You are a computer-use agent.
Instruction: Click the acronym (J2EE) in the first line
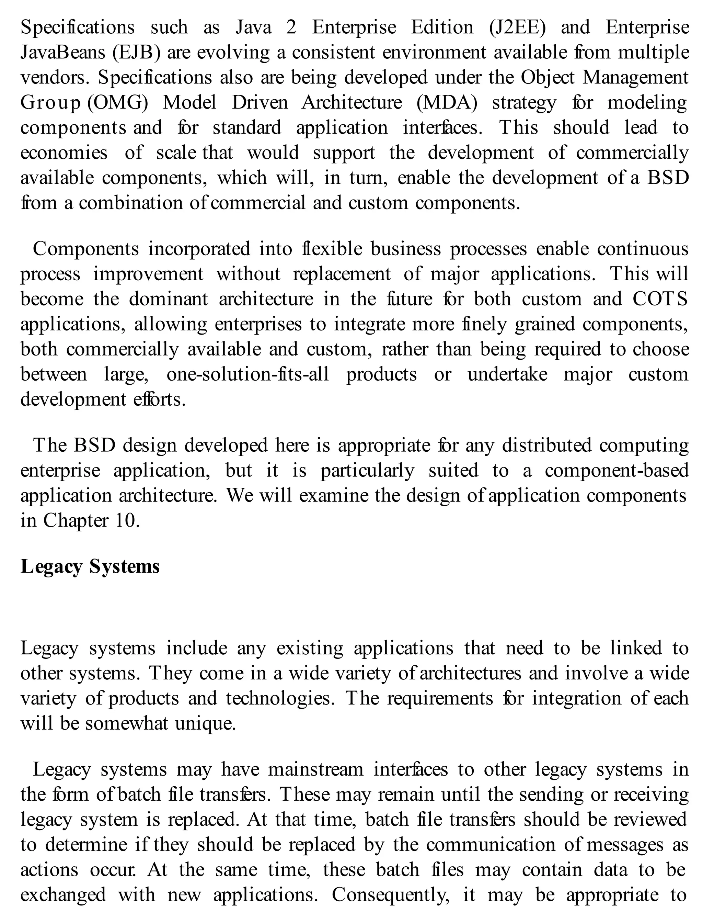(x=517, y=27)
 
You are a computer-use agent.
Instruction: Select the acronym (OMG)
(x=118, y=103)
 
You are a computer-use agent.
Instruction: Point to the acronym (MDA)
(x=447, y=103)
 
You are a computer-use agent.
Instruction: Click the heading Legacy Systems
(x=90, y=566)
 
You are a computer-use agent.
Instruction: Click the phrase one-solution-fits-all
(x=248, y=374)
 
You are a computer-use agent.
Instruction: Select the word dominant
(x=168, y=299)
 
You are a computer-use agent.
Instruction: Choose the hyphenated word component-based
(x=616, y=471)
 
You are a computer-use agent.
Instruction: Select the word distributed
(x=546, y=446)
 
